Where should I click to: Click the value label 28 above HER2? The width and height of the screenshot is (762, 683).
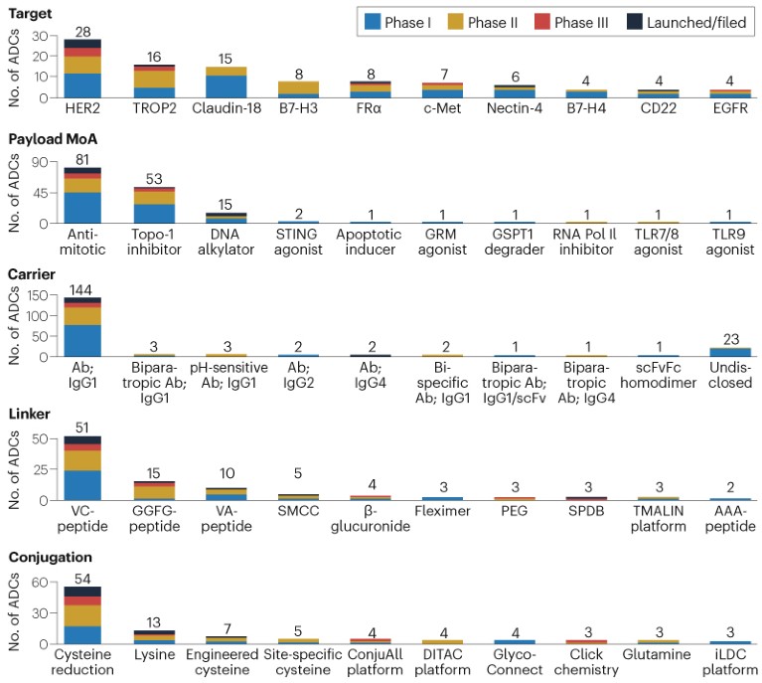click(x=82, y=33)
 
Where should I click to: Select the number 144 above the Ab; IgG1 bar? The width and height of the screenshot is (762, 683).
click(x=82, y=289)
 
